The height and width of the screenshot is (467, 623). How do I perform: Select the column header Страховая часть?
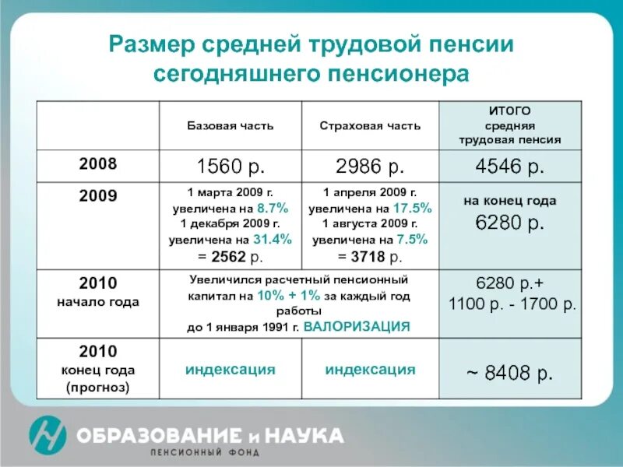coord(370,125)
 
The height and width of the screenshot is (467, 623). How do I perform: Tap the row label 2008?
coord(98,164)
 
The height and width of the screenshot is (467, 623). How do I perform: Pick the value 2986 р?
coord(370,166)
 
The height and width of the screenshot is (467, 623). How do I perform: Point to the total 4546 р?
coord(510,166)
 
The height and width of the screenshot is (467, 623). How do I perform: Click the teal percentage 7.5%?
coord(414,240)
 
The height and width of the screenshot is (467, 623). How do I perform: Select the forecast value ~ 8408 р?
coord(510,374)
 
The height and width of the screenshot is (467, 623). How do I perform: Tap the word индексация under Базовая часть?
coord(230,370)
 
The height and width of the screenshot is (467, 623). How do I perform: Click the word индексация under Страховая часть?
coord(370,370)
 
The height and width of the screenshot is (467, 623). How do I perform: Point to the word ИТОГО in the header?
coord(510,111)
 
